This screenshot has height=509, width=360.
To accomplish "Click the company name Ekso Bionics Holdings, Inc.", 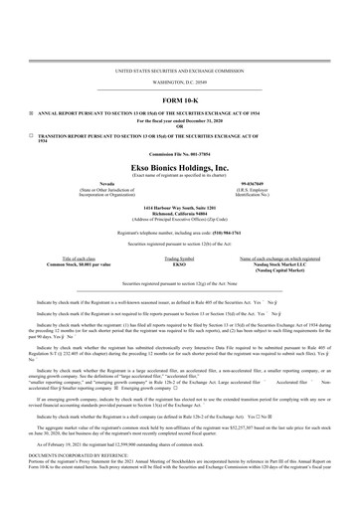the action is (179, 170).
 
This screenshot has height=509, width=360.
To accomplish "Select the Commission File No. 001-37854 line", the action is (179, 154).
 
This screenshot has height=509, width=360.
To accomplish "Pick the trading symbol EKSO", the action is (179, 262).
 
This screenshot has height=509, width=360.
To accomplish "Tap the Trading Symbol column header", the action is (179, 256).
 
